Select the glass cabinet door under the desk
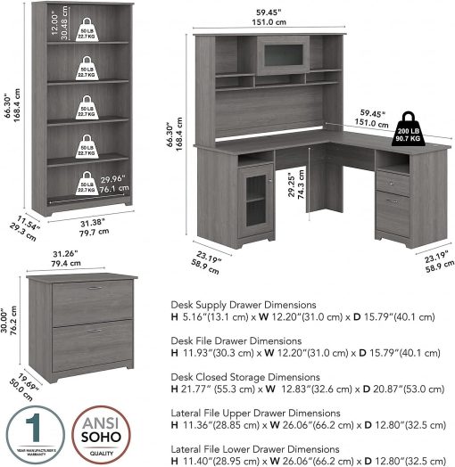click(x=255, y=202)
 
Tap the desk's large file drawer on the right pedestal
click(x=393, y=211)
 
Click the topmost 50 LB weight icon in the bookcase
click(x=86, y=35)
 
